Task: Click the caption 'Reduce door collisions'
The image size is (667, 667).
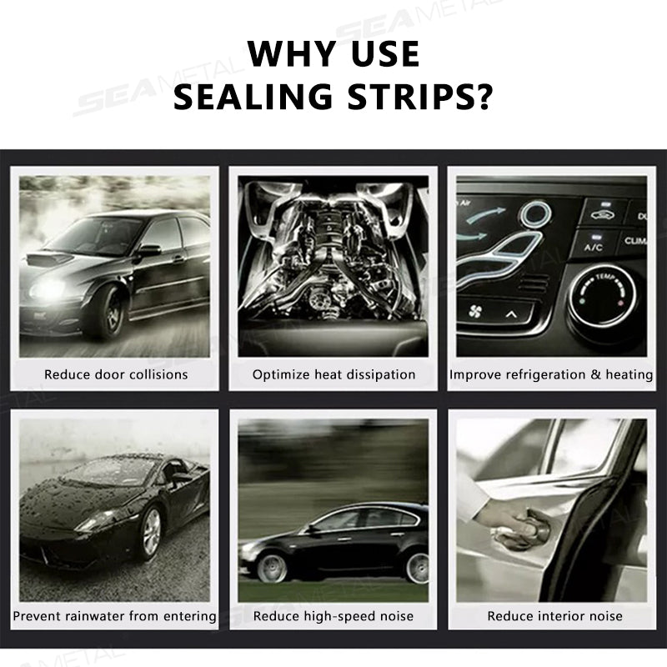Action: pos(116,374)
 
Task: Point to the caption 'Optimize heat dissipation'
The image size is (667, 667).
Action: pos(333,374)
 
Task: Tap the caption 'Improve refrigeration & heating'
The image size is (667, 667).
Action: pos(551,374)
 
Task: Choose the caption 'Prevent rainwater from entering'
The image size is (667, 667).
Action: pos(115,616)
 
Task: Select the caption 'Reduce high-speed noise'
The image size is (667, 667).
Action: pos(333,616)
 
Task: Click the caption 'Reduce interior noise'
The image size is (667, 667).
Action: pos(554,616)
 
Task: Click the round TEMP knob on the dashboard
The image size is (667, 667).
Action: pos(603,296)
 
